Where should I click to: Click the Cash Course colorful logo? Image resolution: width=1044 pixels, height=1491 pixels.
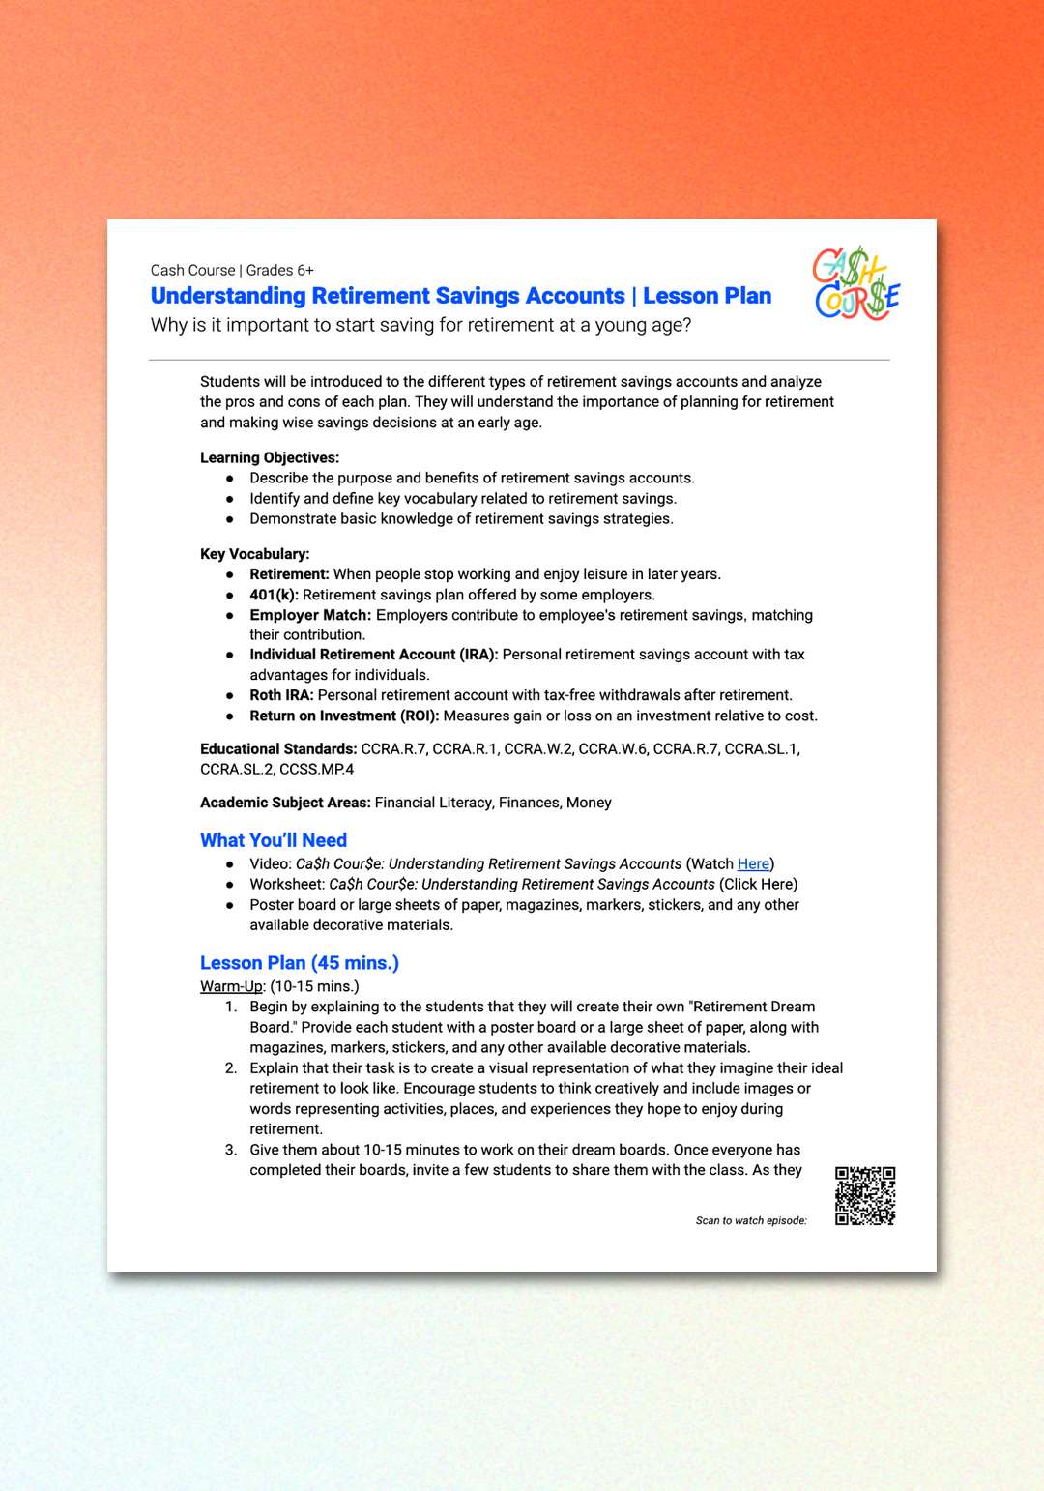856,283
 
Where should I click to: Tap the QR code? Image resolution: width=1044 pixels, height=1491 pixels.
865,1196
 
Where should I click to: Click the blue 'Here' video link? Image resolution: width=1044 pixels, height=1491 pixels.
753,864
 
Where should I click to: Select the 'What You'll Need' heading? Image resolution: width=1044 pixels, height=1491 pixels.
274,840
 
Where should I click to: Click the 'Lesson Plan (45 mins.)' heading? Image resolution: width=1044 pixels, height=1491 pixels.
300,963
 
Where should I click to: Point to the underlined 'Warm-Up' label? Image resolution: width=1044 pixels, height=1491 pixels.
231,986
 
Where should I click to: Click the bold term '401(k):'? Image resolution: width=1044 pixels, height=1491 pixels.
274,595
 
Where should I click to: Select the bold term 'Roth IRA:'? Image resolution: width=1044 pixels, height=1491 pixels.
281,695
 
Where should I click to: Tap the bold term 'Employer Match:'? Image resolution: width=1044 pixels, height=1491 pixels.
310,615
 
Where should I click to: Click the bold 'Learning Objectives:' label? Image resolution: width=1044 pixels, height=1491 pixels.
270,457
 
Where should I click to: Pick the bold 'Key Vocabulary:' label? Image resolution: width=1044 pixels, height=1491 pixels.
255,554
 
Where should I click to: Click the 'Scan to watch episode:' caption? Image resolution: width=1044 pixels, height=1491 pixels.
751,1221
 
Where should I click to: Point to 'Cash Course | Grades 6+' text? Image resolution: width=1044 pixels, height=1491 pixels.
232,271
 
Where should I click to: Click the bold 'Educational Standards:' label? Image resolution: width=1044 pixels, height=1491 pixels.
278,749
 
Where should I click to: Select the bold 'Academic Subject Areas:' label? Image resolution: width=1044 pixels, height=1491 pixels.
285,803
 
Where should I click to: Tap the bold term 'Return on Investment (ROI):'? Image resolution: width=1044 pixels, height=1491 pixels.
344,716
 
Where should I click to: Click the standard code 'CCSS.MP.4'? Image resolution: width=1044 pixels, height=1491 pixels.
316,770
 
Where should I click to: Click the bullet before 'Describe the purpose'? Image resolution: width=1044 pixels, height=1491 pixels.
230,479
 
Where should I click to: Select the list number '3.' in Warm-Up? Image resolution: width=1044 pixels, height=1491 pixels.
231,1150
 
